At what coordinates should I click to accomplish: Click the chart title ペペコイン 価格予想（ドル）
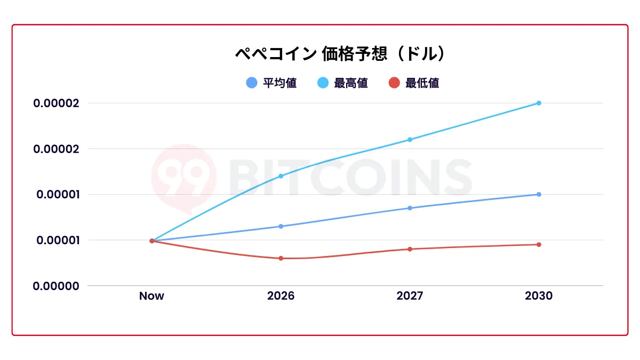point(340,54)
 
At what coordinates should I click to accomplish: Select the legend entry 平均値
point(271,83)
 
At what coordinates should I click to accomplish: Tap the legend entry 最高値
point(342,83)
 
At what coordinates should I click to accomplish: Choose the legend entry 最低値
point(414,83)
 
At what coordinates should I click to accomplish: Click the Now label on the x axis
point(151,296)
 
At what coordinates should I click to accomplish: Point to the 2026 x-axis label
point(281,296)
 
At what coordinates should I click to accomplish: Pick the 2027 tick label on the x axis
point(410,296)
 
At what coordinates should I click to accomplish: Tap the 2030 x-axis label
point(539,296)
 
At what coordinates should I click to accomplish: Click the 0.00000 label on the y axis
point(56,286)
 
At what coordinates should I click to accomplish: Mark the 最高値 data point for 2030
point(539,103)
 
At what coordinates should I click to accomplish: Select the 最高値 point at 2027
point(410,140)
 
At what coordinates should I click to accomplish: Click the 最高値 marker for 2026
point(281,176)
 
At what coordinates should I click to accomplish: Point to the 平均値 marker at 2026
point(281,226)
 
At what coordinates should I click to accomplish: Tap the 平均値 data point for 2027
point(410,208)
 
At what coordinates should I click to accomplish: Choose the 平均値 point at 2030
point(539,194)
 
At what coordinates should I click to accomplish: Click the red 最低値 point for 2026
point(281,258)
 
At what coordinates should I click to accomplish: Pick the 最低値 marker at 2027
point(410,249)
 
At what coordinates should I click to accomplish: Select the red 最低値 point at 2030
point(539,245)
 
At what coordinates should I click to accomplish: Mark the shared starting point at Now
point(151,241)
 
